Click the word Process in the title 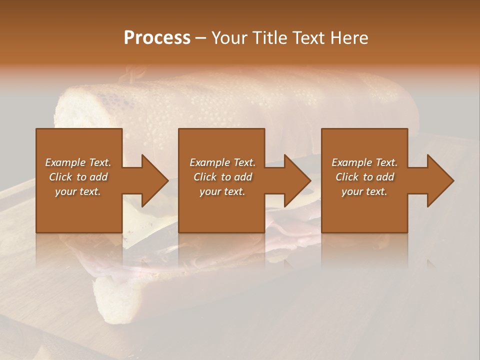[157, 38]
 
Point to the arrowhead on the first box [153, 180]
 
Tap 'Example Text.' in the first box [78, 162]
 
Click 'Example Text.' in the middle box [222, 162]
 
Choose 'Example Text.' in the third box [364, 162]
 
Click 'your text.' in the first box [78, 191]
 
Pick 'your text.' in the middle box [222, 191]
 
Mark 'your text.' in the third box [364, 191]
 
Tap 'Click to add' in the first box [78, 177]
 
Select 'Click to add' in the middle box [222, 177]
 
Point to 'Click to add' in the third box [364, 177]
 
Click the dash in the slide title [200, 38]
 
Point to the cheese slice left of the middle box [145, 225]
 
